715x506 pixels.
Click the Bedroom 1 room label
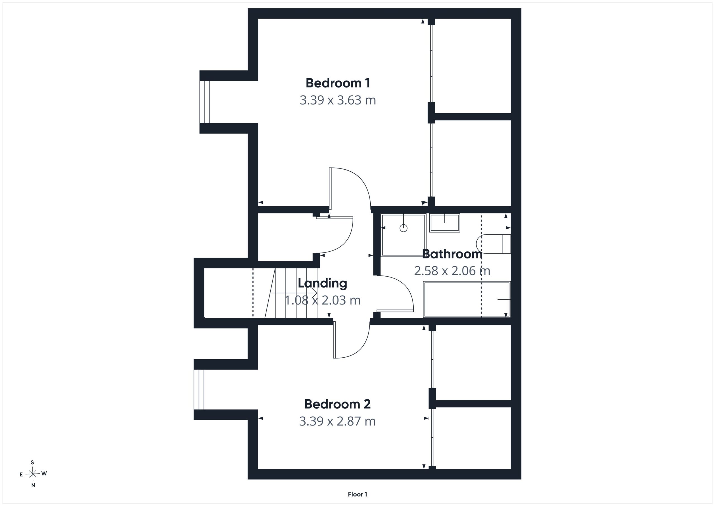[x=338, y=83]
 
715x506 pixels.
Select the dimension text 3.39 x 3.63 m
[x=338, y=100]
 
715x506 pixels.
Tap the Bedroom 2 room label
[x=338, y=404]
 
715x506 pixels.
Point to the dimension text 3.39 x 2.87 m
[x=337, y=421]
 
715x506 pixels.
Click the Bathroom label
[x=452, y=254]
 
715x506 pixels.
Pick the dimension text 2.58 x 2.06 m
[x=452, y=271]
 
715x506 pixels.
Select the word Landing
[x=322, y=284]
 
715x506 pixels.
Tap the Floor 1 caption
[x=357, y=494]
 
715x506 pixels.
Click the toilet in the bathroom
[x=494, y=244]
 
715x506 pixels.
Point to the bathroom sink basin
[x=444, y=223]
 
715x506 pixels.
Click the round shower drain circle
[x=403, y=228]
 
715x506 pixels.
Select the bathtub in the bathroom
[x=466, y=300]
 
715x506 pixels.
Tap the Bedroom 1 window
[x=205, y=102]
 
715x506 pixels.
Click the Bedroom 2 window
[x=199, y=389]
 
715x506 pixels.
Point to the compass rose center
[x=32, y=474]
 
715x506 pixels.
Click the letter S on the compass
[x=32, y=463]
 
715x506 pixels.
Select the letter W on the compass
[x=44, y=474]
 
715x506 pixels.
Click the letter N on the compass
[x=33, y=485]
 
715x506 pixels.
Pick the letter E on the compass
[x=21, y=475]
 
